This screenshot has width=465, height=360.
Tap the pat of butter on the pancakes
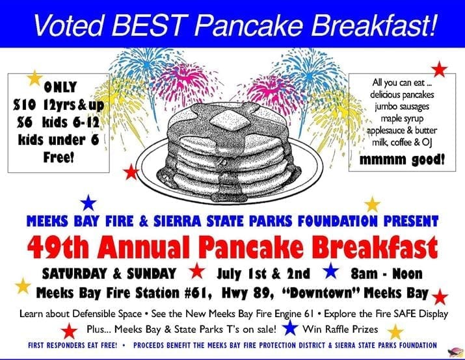[x=230, y=121]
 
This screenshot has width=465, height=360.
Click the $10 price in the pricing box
[x=25, y=105]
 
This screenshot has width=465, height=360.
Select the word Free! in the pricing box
[x=59, y=157]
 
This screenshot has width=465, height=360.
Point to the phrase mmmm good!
[x=402, y=160]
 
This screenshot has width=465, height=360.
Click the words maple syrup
[x=402, y=118]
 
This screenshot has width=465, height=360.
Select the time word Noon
[x=408, y=274]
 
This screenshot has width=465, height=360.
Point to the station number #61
[x=198, y=293]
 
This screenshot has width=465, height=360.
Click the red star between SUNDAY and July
[x=197, y=270]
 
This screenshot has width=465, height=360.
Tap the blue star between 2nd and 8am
[x=330, y=270]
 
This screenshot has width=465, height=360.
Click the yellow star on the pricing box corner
[x=34, y=78]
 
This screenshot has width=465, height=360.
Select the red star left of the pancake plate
[x=131, y=172]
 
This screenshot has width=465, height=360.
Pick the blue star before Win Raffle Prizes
[x=289, y=328]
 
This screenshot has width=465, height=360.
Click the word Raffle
[x=336, y=329]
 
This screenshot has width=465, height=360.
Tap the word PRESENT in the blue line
[x=411, y=222]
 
